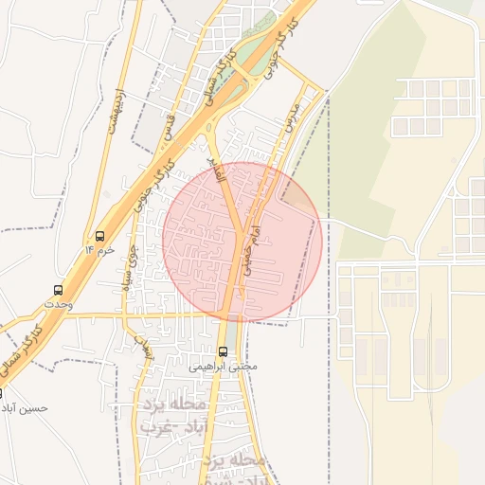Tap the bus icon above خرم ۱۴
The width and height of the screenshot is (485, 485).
click(x=100, y=236)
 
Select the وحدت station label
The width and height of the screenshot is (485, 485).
click(x=57, y=304)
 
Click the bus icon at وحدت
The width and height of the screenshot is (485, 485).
click(x=59, y=290)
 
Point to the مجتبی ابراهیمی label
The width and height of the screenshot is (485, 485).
click(x=223, y=365)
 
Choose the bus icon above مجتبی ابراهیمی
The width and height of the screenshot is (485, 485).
click(x=224, y=351)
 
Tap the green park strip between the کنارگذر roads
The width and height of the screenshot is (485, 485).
click(x=251, y=54)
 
